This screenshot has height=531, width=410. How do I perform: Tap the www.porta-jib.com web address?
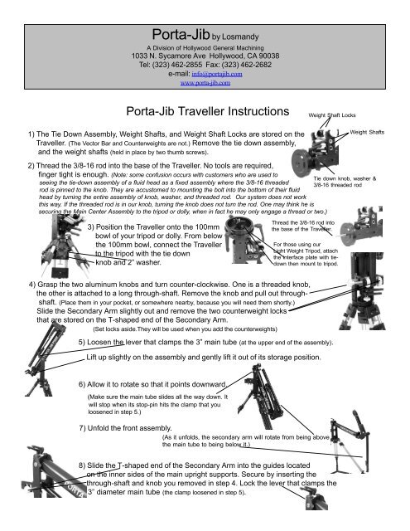(205, 82)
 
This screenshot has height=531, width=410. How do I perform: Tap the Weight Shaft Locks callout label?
(331, 116)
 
